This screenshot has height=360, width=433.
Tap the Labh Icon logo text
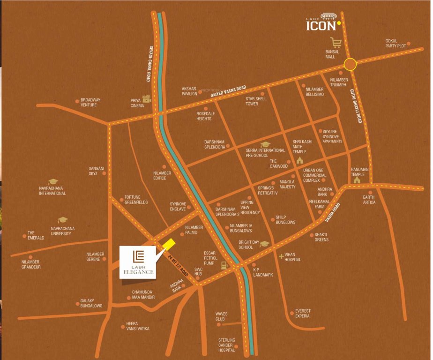pos(321,24)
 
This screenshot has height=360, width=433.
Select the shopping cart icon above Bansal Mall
pos(335,41)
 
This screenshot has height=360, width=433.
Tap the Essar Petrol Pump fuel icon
pos(224,265)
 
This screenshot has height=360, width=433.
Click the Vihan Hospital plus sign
pos(281,256)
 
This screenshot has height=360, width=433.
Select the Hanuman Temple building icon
pos(357,179)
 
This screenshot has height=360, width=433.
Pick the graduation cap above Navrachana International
pos(52,181)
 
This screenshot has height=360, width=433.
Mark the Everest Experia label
pos(303,313)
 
